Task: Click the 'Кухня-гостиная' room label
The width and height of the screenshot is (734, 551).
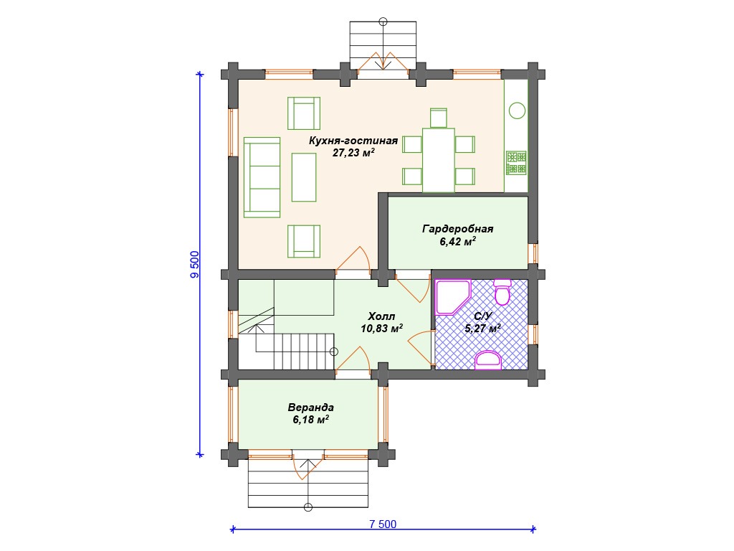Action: point(353,141)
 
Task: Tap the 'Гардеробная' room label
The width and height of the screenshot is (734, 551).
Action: point(458,229)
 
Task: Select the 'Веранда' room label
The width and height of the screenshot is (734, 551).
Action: point(311,408)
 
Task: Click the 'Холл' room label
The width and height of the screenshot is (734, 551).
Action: point(381,316)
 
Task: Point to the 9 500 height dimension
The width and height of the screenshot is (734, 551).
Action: point(195,265)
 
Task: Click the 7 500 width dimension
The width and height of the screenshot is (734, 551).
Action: point(383,524)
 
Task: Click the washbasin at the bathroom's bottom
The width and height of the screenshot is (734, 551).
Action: point(487,360)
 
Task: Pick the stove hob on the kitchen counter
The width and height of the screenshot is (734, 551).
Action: point(516,163)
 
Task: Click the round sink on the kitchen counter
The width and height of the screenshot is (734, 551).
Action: point(517,110)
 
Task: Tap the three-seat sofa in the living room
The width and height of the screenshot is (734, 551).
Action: point(262,177)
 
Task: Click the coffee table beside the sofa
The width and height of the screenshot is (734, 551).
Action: point(304,177)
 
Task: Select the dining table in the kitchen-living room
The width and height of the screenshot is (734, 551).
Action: point(438,160)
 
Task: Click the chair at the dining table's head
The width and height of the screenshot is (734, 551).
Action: point(438,118)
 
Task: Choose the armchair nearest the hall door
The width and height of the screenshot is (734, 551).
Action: point(304,241)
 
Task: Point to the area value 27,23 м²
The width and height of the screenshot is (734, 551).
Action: point(353,152)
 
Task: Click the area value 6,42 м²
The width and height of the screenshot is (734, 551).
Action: point(458,241)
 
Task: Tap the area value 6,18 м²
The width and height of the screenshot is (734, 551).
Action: point(311,419)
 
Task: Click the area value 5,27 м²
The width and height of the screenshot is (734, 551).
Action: point(482,328)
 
